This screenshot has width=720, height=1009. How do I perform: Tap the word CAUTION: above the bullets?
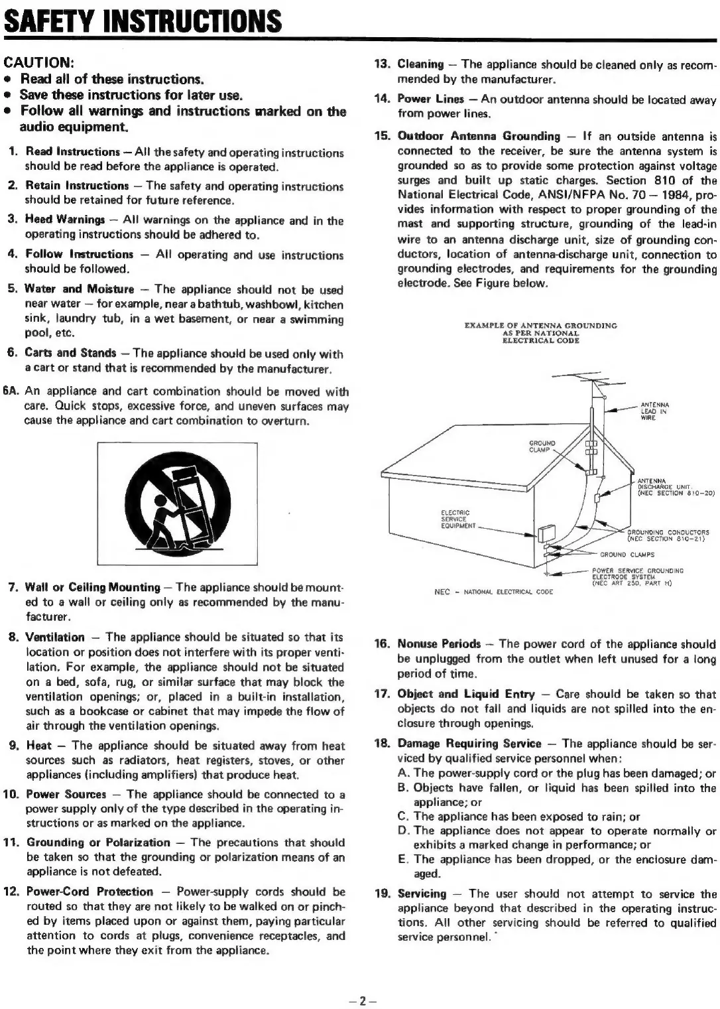(38, 63)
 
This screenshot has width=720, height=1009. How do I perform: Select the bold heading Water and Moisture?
(79, 289)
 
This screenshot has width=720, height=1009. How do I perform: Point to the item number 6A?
(11, 391)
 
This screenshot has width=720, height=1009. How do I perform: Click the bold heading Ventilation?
(54, 638)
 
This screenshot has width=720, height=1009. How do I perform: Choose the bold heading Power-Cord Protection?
(90, 892)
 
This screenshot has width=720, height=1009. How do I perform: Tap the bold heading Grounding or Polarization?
(98, 842)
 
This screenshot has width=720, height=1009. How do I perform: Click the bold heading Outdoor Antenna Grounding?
(479, 136)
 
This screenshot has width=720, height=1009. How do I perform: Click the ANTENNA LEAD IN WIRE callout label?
(654, 411)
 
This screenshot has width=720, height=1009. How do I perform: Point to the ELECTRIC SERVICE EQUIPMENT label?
(457, 519)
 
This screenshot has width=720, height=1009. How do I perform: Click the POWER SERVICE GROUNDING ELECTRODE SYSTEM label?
(636, 575)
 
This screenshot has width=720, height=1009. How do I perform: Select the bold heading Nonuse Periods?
(439, 644)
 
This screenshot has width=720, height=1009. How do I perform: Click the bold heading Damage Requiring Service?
(469, 744)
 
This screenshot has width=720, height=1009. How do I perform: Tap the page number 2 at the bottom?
(360, 1001)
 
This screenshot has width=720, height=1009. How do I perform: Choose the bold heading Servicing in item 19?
(422, 894)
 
